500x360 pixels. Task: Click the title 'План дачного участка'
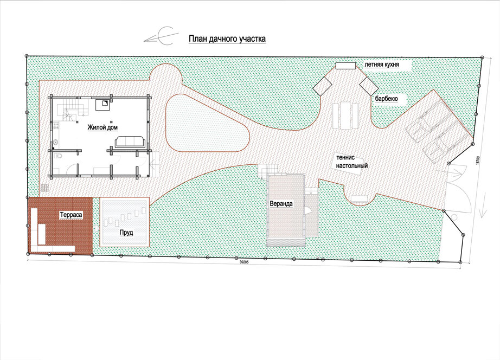point(227,39)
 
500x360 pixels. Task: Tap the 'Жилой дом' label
point(102,127)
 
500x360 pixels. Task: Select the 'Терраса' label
point(71,215)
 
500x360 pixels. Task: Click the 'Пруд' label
point(126,233)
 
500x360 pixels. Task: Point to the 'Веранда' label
point(281,204)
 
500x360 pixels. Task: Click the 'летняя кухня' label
point(382,65)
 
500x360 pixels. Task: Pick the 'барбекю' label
point(387,99)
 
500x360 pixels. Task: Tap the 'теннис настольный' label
point(352,162)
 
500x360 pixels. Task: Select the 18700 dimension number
point(477,160)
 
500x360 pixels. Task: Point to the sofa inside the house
point(131,142)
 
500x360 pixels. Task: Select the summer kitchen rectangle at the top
point(345,66)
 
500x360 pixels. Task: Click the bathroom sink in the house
point(55,142)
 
